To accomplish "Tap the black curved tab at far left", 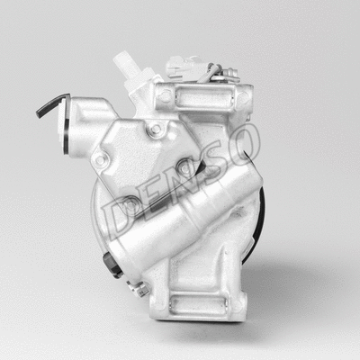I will click(x=49, y=106).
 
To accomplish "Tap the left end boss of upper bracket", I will click(x=165, y=94).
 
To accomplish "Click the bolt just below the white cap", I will click(x=155, y=130).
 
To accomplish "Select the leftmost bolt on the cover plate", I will click(x=101, y=159).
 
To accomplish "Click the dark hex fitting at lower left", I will click(x=111, y=265).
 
